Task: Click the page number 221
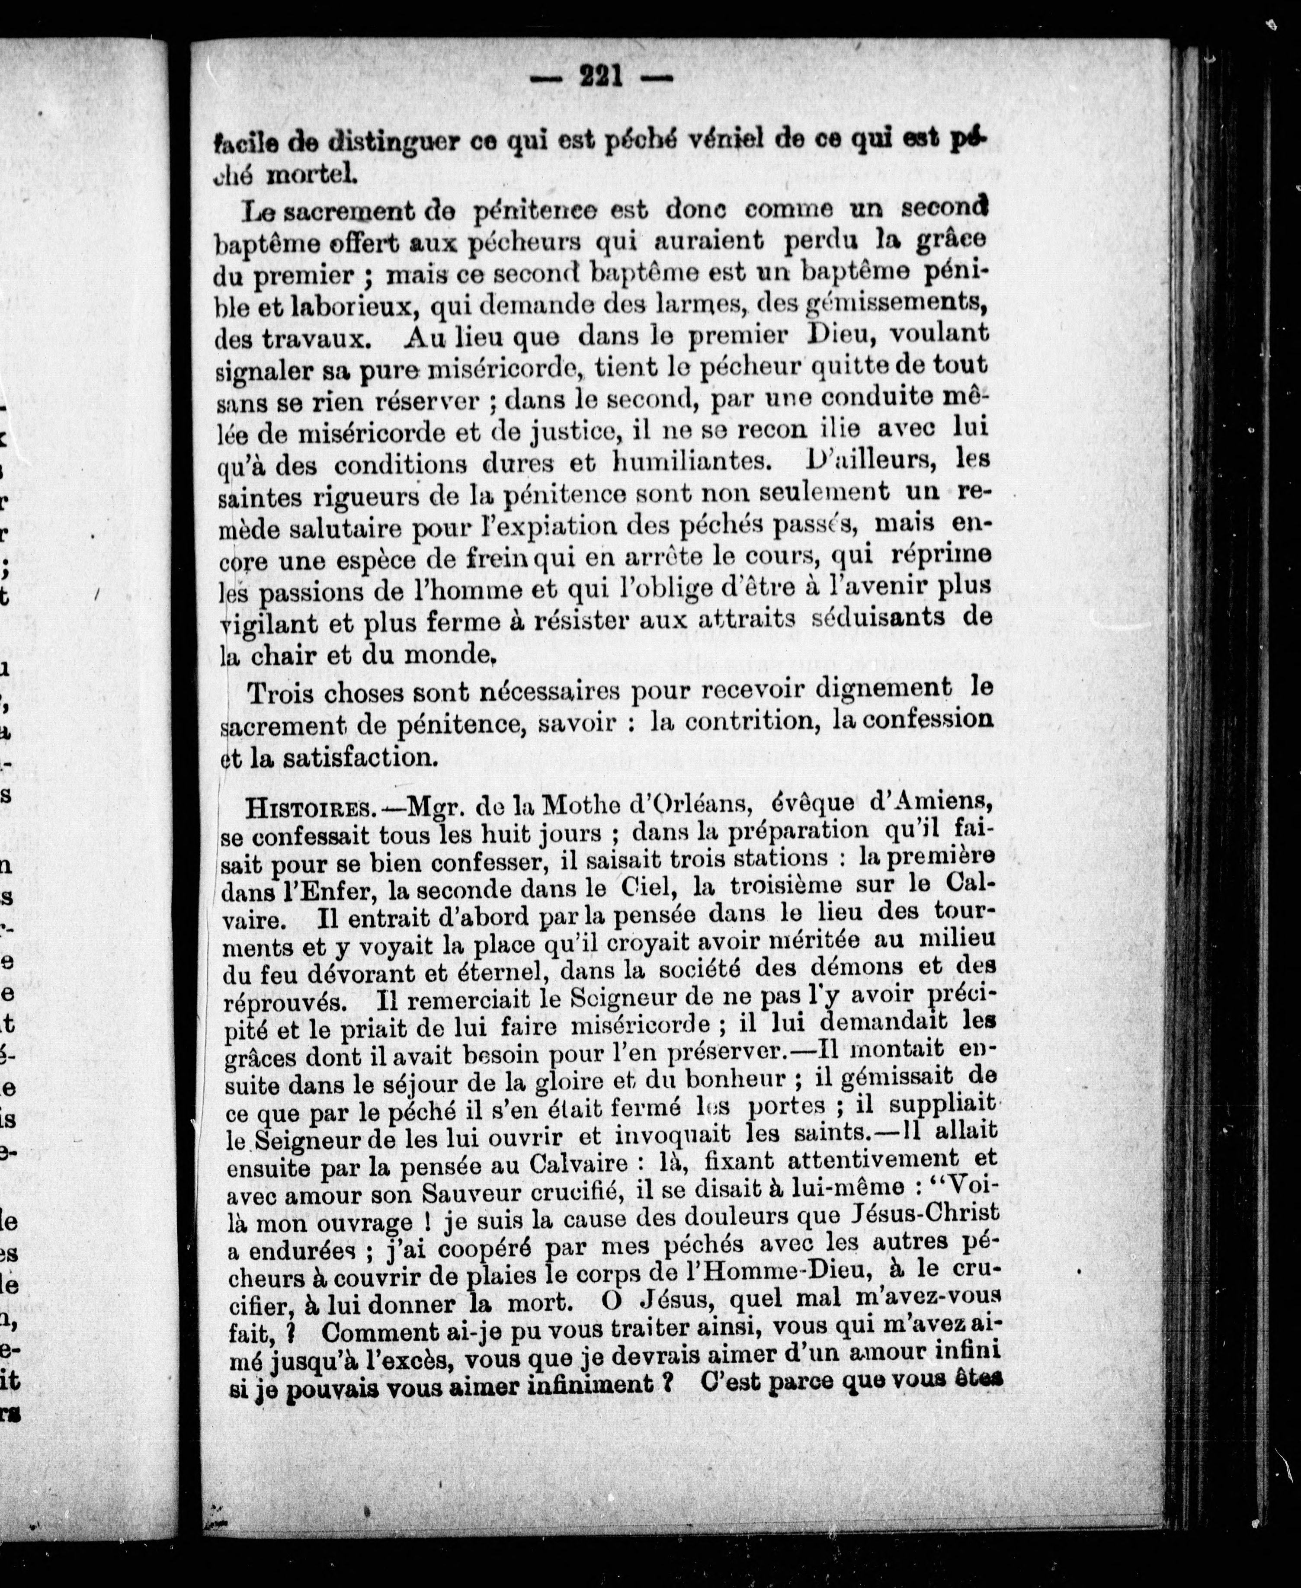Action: coord(602,77)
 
